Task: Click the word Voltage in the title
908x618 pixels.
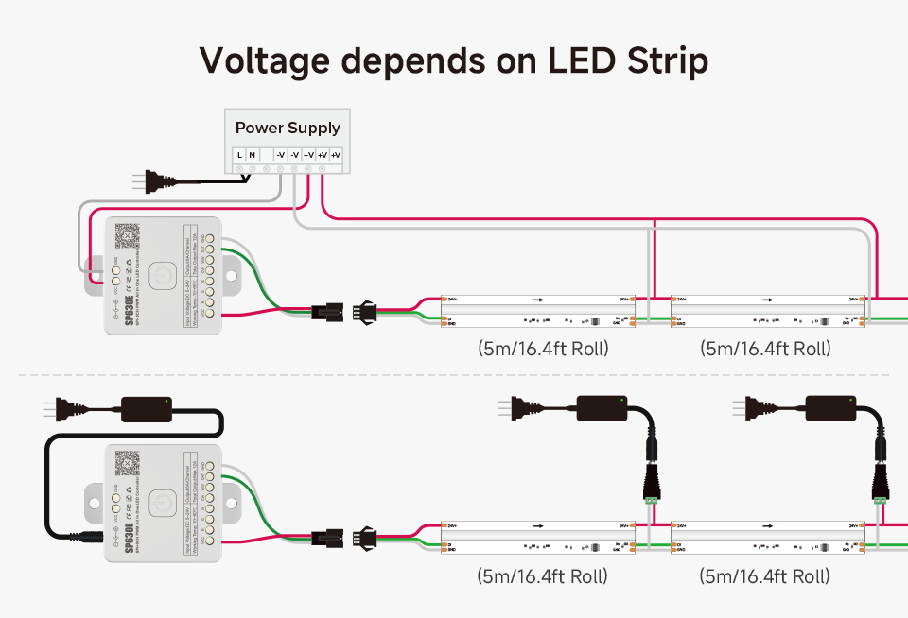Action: point(264,60)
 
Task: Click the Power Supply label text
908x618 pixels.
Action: point(288,128)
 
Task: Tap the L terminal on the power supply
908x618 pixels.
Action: point(240,154)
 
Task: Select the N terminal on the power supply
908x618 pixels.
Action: point(252,154)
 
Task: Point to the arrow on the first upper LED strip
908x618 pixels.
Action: point(538,299)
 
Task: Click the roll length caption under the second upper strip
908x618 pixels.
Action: point(765,349)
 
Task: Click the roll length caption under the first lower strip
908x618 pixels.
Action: point(543,575)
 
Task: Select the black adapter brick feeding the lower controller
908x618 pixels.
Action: point(146,407)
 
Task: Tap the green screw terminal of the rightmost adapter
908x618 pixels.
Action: point(882,496)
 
